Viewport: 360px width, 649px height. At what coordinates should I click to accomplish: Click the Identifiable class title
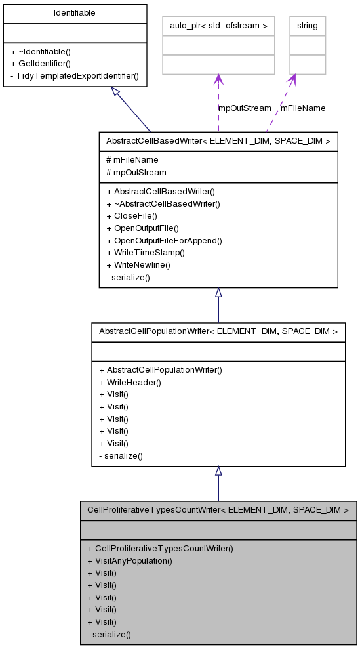[x=74, y=12]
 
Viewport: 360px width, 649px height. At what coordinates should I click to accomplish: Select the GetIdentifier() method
[x=41, y=64]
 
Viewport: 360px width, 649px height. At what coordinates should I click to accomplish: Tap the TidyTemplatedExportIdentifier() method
[x=75, y=75]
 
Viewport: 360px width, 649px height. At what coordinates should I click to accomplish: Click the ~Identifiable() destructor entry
[x=41, y=51]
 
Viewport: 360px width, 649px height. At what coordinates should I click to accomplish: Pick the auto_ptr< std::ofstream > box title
[x=218, y=26]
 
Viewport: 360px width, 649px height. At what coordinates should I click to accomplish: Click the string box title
[x=307, y=26]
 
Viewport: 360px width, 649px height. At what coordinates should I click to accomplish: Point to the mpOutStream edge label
[x=245, y=108]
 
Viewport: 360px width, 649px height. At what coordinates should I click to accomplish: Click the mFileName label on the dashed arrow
[x=303, y=108]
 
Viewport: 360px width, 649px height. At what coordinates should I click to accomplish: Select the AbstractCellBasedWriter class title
[x=218, y=141]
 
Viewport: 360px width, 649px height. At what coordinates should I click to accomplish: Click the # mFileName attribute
[x=132, y=159]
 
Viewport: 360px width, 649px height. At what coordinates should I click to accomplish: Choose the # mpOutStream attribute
[x=136, y=172]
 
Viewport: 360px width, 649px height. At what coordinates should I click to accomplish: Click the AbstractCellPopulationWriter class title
[x=218, y=331]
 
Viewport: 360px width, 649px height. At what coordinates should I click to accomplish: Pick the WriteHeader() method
[x=130, y=382]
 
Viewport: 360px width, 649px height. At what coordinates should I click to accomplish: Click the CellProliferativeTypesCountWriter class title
[x=218, y=510]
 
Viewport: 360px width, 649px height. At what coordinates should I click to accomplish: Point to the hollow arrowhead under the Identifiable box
[x=115, y=92]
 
